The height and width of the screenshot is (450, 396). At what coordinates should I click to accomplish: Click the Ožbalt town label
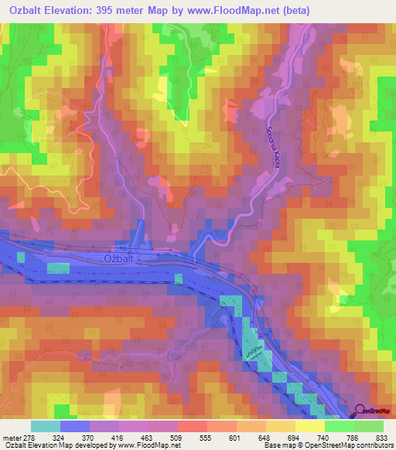click(121, 261)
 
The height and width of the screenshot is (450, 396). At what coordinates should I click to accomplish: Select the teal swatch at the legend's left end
click(46, 427)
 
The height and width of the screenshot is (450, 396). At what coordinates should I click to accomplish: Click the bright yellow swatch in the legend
click(310, 427)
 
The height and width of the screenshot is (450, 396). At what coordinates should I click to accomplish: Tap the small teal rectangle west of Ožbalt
click(58, 268)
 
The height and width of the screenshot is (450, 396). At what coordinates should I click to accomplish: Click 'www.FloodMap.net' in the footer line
click(148, 445)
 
